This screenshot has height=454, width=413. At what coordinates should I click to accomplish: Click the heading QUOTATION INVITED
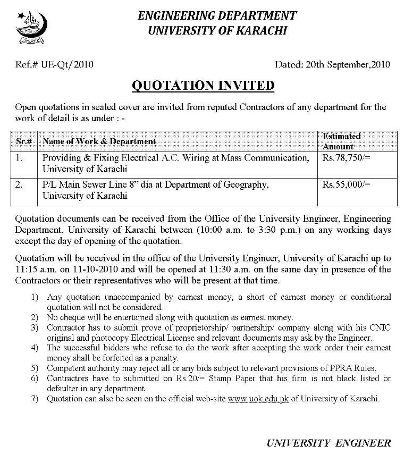point(203,86)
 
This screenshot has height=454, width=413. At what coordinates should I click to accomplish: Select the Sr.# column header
point(24,141)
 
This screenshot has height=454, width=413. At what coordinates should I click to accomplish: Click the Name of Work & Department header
point(99,141)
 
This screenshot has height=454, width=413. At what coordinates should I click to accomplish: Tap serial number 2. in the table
point(20,185)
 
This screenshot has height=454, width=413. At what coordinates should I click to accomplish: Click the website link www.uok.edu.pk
point(258,399)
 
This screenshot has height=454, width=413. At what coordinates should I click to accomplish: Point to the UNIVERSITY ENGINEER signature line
point(329,442)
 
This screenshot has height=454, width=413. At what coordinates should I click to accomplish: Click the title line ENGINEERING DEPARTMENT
point(217,16)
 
